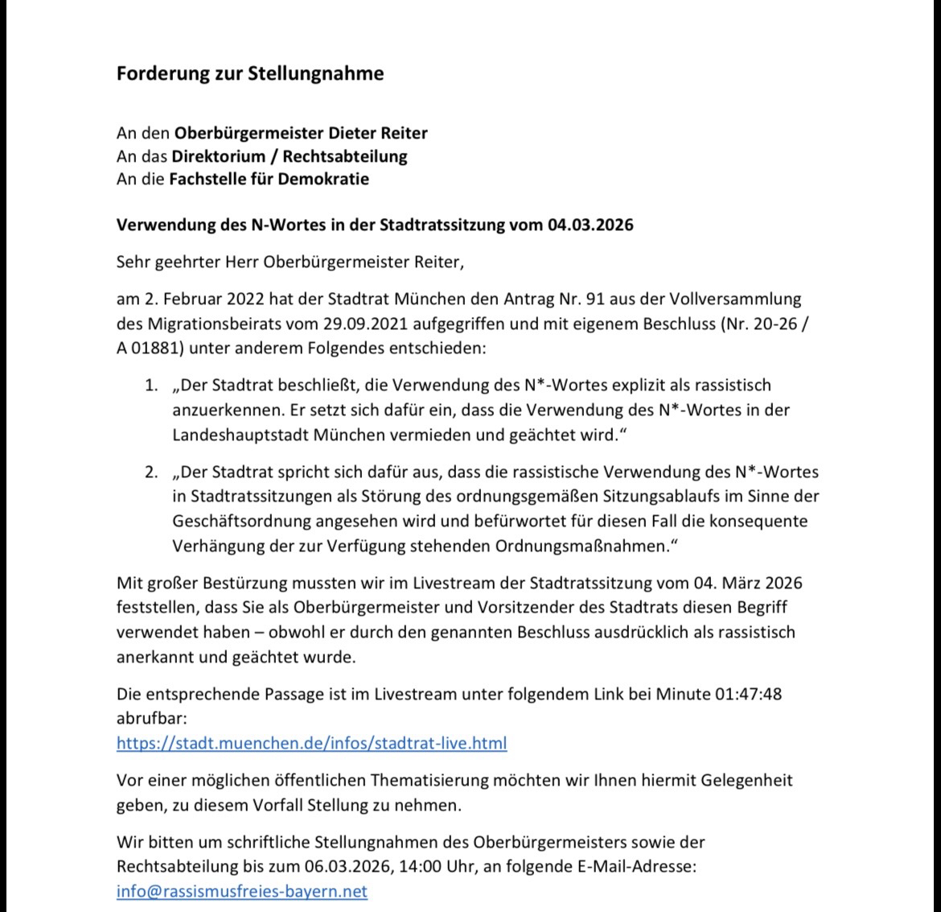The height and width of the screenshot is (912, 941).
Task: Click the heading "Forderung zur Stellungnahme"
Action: tap(250, 73)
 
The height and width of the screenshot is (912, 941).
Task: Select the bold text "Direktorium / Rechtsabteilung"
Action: tap(289, 155)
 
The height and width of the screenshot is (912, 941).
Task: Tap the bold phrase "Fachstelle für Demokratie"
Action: tap(269, 178)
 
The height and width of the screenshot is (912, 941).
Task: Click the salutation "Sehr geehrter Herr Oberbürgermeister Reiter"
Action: tap(290, 262)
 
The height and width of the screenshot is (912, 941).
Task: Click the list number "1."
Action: tap(151, 386)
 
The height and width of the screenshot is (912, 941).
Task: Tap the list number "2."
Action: tap(151, 472)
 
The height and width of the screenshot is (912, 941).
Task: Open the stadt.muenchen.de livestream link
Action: tap(311, 742)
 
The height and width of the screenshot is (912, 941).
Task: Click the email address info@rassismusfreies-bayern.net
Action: tap(241, 891)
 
